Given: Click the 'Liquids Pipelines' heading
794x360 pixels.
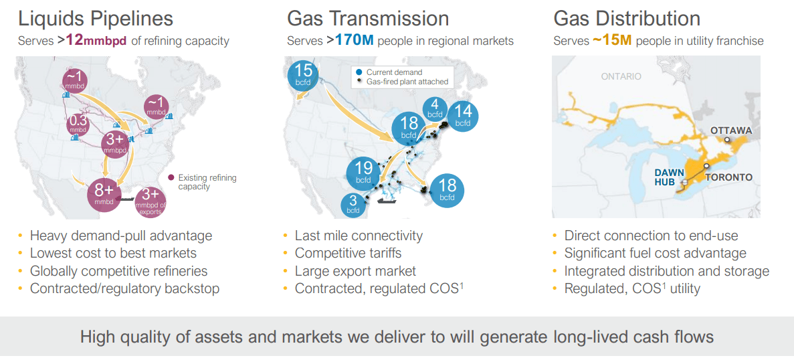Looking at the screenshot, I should point(96,18).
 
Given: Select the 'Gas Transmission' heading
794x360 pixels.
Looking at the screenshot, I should point(368,18).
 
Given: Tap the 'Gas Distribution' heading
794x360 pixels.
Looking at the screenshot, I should point(627,18).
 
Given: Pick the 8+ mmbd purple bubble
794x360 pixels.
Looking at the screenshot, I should point(104,193).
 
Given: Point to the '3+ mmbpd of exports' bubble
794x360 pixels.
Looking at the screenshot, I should point(151,201).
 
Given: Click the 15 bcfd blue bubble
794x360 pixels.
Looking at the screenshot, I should point(304,74).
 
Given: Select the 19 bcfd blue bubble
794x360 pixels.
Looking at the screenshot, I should point(363,173).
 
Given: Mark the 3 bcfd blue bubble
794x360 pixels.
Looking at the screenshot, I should point(353,204).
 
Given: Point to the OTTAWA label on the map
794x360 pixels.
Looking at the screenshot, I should point(731,130).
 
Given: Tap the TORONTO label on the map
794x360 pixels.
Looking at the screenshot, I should point(728,177).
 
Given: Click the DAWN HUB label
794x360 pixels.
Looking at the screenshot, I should point(668,177).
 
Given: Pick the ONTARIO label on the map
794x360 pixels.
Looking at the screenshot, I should point(621,76).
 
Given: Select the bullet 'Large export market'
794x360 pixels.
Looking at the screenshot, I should point(355,271).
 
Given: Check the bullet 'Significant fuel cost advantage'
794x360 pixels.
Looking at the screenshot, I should point(655,254).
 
